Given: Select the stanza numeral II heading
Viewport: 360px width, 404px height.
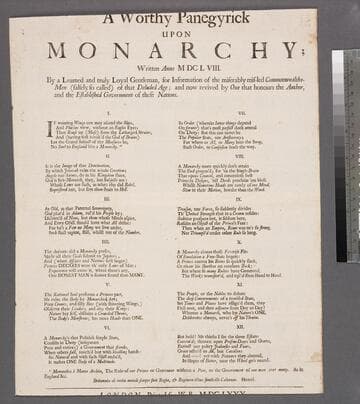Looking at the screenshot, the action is coord(95,157).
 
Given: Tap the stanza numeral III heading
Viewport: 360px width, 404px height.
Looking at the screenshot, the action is coord(95,199).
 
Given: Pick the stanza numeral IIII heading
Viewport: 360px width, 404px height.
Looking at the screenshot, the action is coord(95,242).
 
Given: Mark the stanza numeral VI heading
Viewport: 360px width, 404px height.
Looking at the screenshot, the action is coord(95,325).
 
